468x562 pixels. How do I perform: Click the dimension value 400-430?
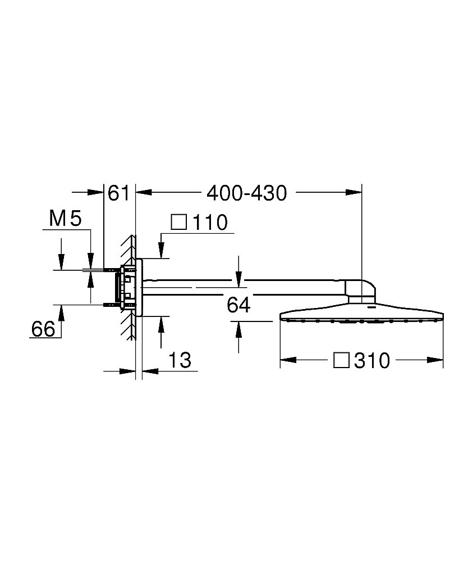pos(247,193)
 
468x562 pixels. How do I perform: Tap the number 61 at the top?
pos(118,193)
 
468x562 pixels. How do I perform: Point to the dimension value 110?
pos(210,223)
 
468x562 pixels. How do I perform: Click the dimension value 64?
pos(238,305)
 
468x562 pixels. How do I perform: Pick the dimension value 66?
pos(43,329)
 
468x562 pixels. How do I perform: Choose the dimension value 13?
pos(180,360)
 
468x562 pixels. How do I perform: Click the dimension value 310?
pos(372,361)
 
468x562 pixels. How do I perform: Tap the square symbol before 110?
pos(179,222)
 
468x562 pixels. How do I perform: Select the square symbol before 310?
pos(341,360)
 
